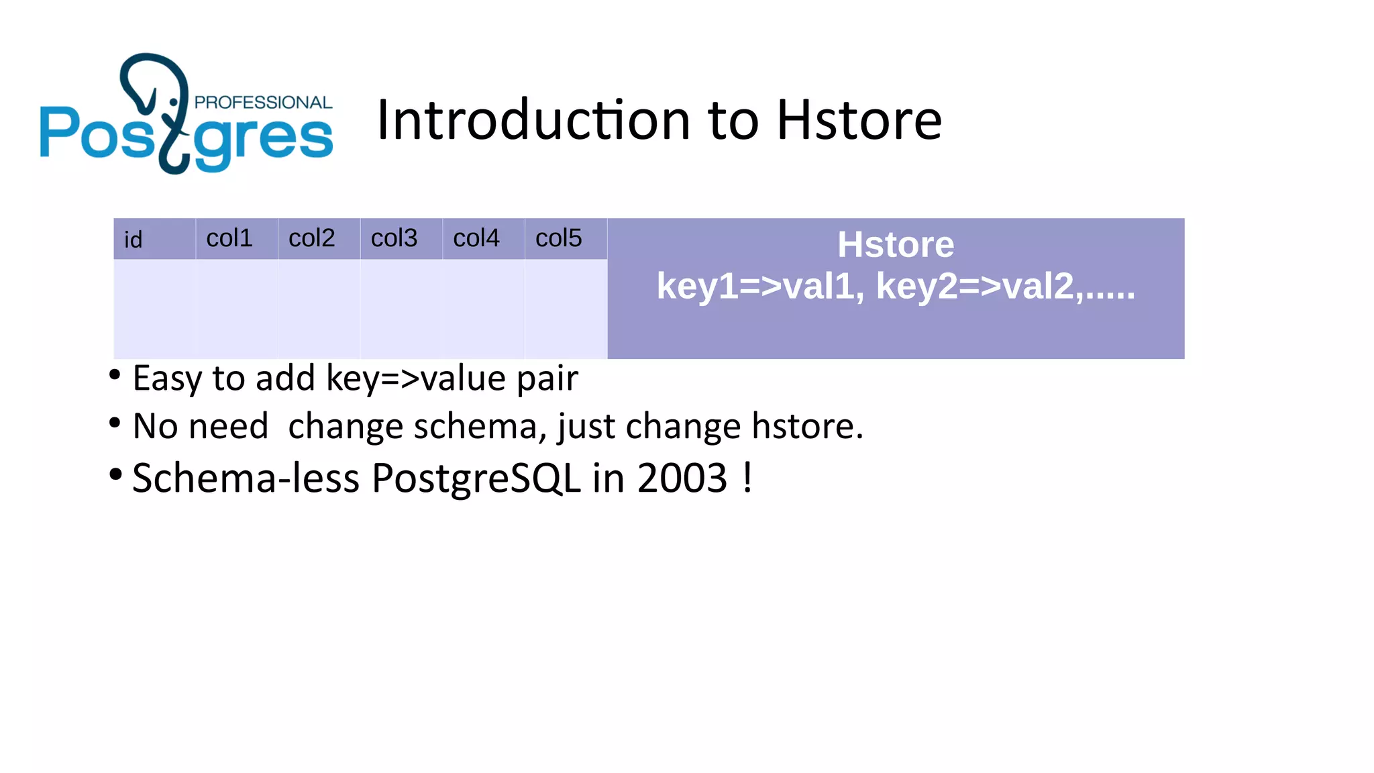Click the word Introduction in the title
pyautogui.click(x=534, y=120)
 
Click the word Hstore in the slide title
pyautogui.click(x=859, y=120)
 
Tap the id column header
pyautogui.click(x=134, y=240)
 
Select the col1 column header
pyautogui.click(x=229, y=238)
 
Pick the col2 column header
pyautogui.click(x=311, y=238)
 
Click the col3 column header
pyautogui.click(x=394, y=238)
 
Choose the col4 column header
pyautogui.click(x=476, y=238)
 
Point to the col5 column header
pyautogui.click(x=558, y=238)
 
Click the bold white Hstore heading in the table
pyautogui.click(x=896, y=244)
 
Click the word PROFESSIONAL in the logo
pyautogui.click(x=263, y=103)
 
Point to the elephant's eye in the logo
pyautogui.click(x=174, y=102)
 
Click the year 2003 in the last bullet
pyautogui.click(x=682, y=478)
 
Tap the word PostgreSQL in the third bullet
pyautogui.click(x=476, y=478)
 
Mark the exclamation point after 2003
pyautogui.click(x=747, y=477)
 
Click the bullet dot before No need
pyautogui.click(x=115, y=423)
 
